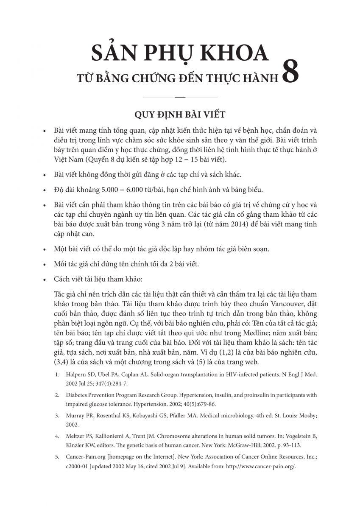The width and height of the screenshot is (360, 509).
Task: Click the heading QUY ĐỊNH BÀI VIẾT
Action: click(x=179, y=114)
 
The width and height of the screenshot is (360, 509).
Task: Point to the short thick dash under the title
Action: click(x=180, y=97)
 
